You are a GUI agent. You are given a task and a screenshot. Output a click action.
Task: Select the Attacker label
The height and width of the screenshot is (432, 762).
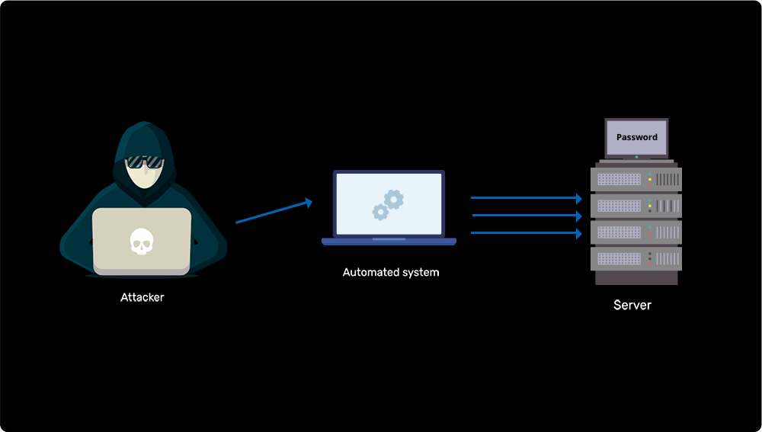tap(142, 297)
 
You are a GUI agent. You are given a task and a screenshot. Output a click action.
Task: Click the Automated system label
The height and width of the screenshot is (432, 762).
tap(391, 272)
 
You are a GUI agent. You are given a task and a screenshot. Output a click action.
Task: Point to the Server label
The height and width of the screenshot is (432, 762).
tap(632, 305)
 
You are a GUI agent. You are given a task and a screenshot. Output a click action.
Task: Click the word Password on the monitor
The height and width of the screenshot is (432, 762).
tap(636, 137)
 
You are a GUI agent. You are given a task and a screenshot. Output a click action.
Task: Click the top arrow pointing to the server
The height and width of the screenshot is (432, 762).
tap(526, 197)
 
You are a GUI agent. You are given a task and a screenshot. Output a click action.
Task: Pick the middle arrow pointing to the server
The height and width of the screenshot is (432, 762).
tap(527, 216)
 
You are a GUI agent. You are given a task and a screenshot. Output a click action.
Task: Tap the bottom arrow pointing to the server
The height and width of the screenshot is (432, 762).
tap(526, 232)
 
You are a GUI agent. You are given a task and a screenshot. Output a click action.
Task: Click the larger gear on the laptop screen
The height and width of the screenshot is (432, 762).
tap(394, 200)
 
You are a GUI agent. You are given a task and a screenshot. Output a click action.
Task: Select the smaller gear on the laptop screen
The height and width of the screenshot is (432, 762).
tap(380, 213)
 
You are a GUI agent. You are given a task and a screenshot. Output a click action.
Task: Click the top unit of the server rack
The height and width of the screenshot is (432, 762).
tap(636, 180)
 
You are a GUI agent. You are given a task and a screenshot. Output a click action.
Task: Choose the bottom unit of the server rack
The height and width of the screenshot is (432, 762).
tap(636, 258)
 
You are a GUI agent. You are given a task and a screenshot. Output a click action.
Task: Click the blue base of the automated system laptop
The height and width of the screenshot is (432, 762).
tap(389, 242)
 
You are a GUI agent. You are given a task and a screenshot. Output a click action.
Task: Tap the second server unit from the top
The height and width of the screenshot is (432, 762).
tap(636, 206)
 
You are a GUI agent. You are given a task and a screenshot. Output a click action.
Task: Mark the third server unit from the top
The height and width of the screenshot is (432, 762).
tap(636, 232)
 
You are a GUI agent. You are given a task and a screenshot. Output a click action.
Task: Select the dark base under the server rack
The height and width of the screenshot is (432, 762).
tap(636, 278)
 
